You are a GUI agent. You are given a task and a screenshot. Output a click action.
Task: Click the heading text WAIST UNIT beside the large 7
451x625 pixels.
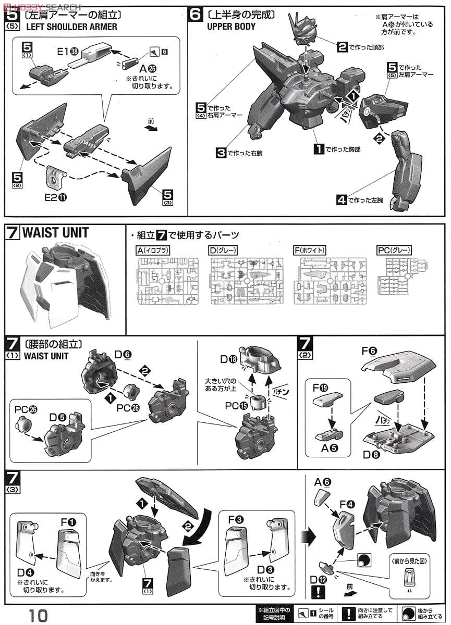point(55,233)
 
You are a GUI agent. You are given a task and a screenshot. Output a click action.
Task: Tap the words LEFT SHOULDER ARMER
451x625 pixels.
point(70,27)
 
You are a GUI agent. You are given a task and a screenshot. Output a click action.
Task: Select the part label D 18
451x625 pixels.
point(228,359)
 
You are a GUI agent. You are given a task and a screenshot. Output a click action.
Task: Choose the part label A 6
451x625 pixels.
point(323,482)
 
